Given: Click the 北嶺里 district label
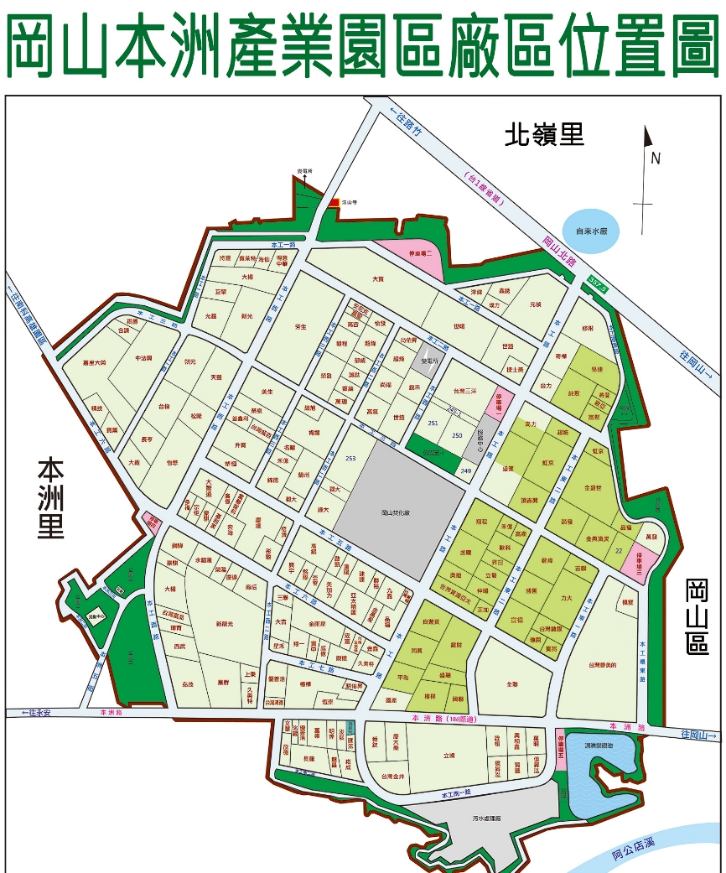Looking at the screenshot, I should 544,134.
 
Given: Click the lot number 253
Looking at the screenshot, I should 350,458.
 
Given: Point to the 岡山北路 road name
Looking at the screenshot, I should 558,252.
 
